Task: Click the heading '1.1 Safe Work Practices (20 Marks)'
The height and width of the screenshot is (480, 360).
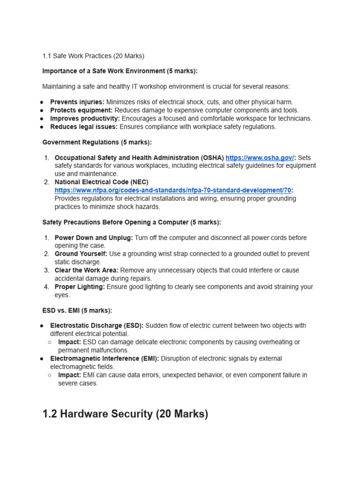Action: tap(93, 56)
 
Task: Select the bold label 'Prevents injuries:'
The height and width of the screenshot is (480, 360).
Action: tap(77, 102)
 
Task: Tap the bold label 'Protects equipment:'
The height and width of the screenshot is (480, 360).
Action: tap(81, 110)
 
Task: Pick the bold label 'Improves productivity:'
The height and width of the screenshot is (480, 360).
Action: tap(85, 119)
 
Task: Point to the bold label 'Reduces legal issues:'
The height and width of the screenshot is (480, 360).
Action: tap(84, 127)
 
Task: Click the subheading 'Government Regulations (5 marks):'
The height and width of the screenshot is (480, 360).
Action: tap(97, 142)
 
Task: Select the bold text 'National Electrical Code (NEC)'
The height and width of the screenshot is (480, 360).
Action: tap(102, 182)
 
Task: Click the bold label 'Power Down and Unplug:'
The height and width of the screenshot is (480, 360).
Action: tap(94, 238)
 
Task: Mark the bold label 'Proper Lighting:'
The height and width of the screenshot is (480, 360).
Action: tap(80, 287)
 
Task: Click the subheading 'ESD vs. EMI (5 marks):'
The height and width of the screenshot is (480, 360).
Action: tap(77, 310)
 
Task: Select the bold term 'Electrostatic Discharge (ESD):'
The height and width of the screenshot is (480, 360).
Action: tap(97, 326)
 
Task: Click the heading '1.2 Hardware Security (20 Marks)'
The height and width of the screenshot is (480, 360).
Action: tap(125, 414)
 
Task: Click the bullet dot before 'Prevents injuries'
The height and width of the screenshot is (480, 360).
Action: tap(42, 102)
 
